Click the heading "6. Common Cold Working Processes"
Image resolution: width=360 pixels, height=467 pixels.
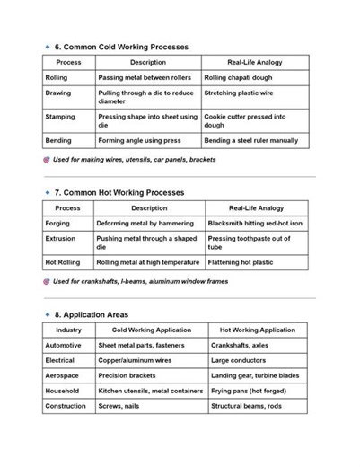point(120,46)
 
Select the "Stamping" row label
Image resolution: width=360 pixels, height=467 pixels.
point(60,116)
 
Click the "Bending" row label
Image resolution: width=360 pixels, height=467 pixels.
point(59,141)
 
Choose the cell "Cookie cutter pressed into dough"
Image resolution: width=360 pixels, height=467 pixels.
point(245,120)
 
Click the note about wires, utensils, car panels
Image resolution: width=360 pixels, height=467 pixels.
point(135,160)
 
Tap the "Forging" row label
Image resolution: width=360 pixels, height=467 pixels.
point(57,224)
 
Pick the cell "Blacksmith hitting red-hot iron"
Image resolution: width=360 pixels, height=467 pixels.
point(255,224)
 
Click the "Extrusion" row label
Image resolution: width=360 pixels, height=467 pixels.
point(60,239)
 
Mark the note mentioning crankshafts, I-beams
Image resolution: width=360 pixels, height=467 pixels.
point(140,281)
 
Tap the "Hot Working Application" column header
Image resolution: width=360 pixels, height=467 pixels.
point(257,330)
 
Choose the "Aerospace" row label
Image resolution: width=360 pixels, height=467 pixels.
point(62,375)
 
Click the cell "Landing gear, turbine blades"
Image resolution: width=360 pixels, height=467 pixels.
point(255,375)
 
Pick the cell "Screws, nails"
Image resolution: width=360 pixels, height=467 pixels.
point(119,406)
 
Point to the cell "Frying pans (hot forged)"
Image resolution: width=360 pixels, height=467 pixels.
point(249,391)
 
